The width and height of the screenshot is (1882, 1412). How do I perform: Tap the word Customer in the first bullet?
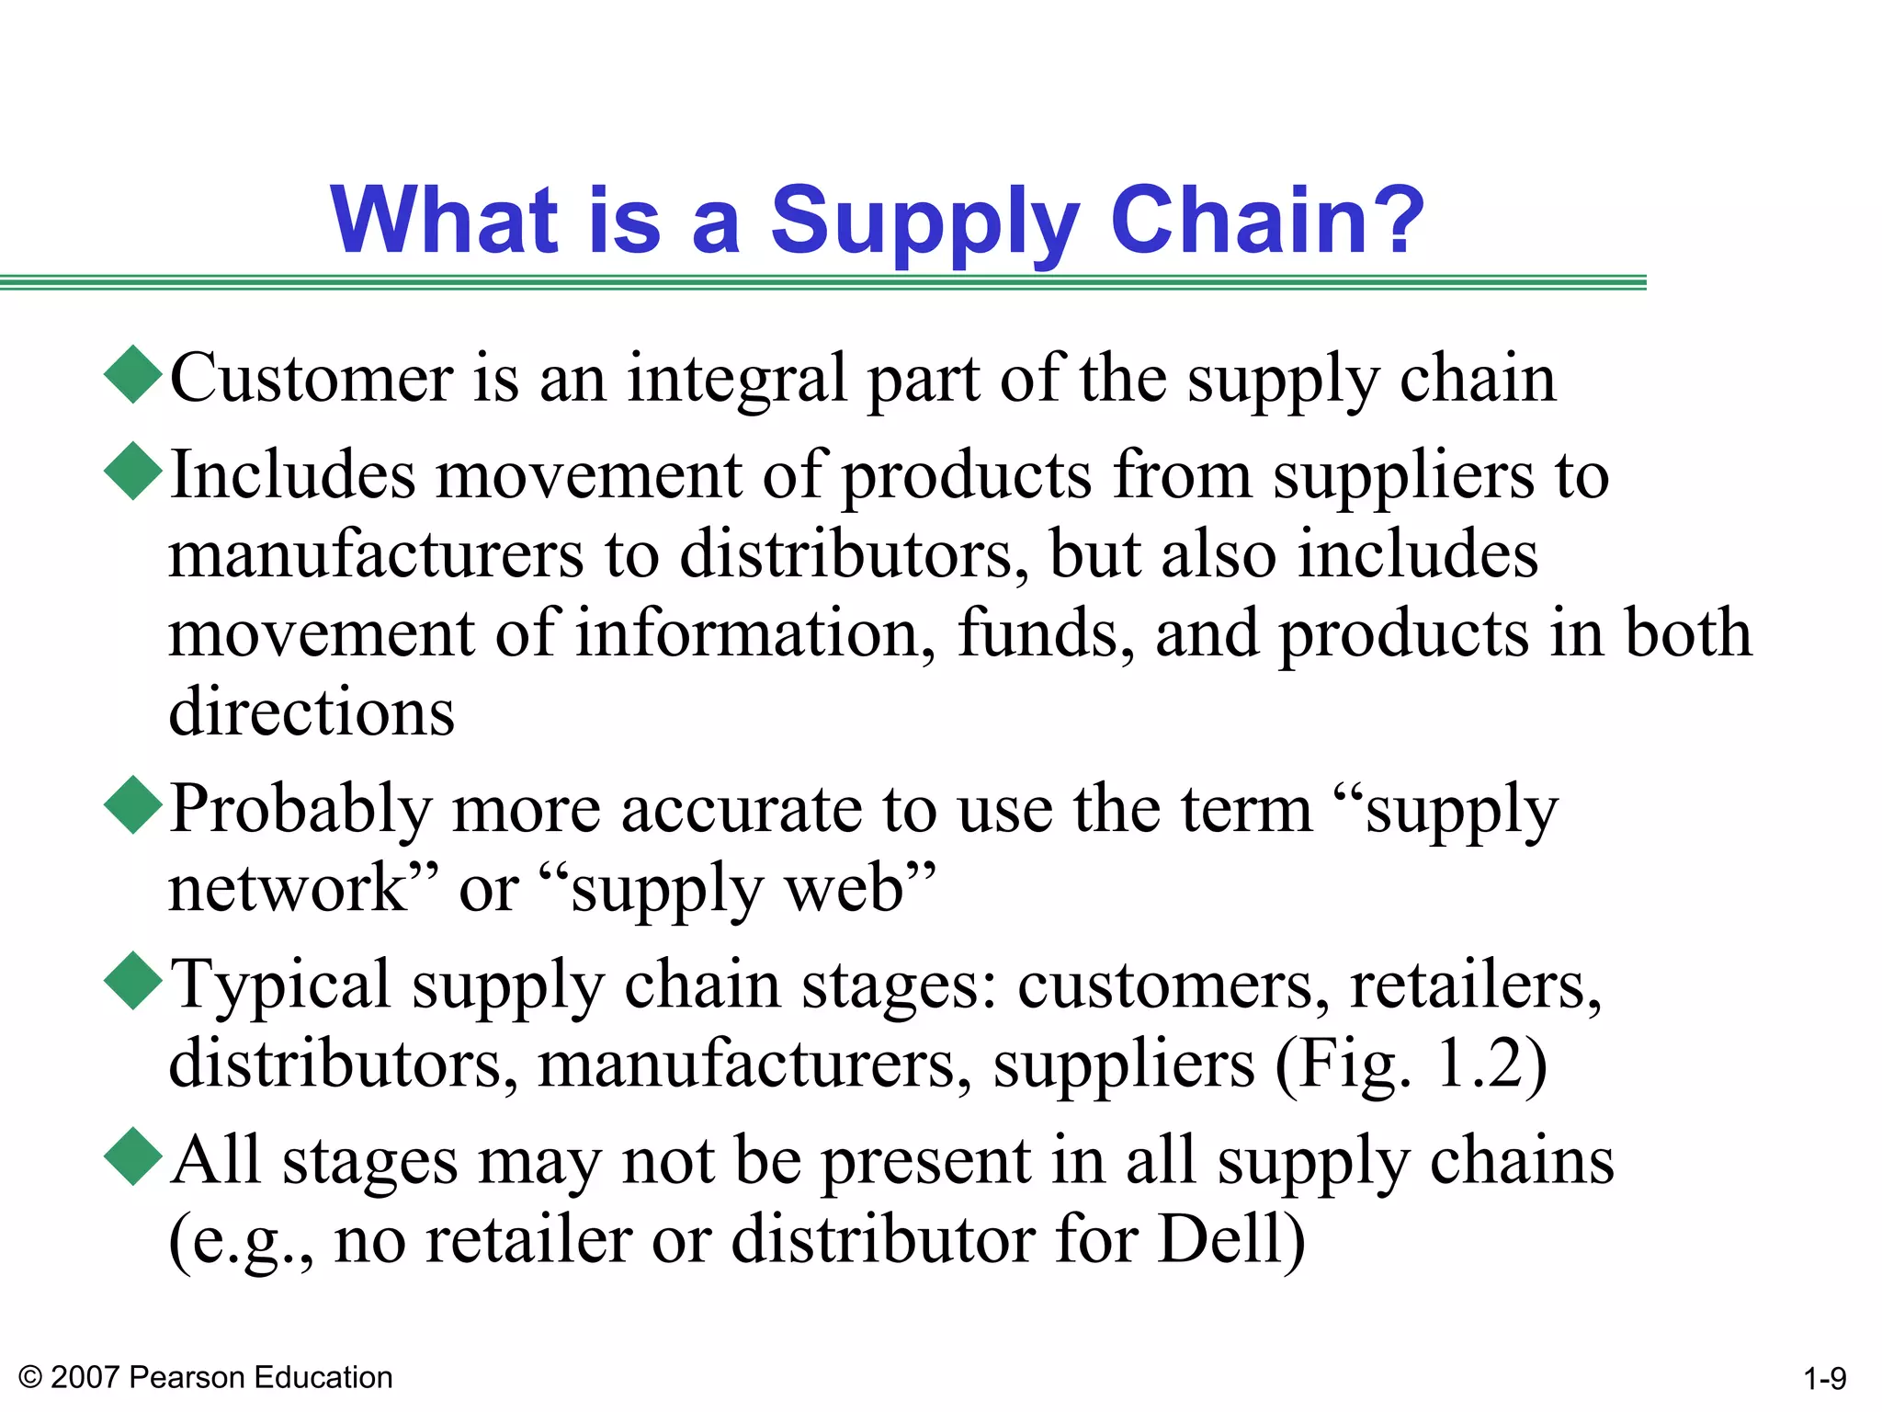(312, 378)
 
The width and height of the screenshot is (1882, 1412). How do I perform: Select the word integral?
(736, 380)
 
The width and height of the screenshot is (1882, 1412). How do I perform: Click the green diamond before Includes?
(134, 471)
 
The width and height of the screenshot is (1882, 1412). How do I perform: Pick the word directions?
(312, 712)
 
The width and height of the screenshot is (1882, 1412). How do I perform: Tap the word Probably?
(300, 810)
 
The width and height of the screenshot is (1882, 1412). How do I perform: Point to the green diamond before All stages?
(134, 1156)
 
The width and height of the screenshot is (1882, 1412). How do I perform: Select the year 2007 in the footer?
(85, 1377)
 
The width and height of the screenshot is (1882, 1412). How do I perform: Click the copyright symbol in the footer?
(30, 1377)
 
